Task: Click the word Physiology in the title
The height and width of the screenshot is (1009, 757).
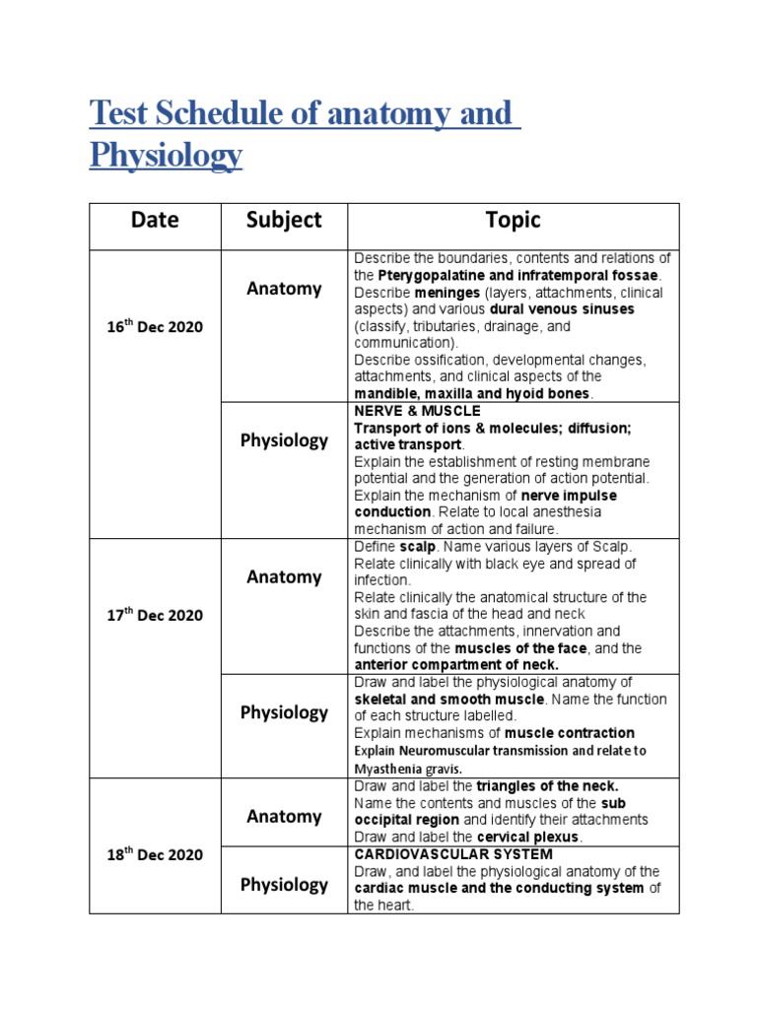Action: tap(166, 155)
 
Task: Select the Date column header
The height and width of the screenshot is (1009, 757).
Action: tap(155, 220)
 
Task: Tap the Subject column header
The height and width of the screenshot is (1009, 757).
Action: tap(284, 220)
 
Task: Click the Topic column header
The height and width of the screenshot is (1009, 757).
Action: tap(513, 220)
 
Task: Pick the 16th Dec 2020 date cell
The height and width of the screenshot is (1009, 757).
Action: tap(155, 326)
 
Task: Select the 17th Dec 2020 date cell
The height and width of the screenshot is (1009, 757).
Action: tap(155, 615)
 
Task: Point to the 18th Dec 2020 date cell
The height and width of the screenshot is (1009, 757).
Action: tap(155, 854)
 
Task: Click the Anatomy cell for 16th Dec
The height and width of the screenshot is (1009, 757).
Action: tap(284, 289)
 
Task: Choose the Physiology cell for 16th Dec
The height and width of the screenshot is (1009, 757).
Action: tap(284, 440)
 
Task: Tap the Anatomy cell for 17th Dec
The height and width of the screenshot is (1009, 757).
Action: tap(284, 577)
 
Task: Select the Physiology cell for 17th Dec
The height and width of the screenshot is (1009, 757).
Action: tap(284, 712)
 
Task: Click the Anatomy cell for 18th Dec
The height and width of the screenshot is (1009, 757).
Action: tap(284, 816)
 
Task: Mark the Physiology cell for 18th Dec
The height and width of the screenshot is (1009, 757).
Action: tap(284, 885)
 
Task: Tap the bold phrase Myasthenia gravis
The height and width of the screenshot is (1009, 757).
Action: tap(407, 769)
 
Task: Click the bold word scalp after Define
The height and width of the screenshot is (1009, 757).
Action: tap(417, 547)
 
